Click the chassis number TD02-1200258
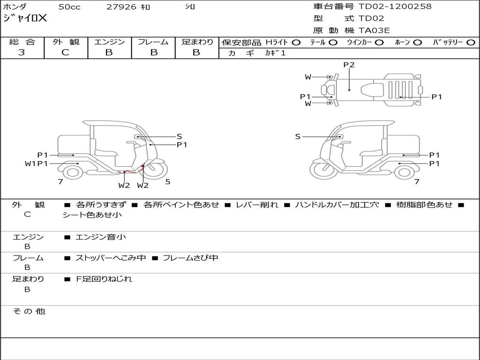point(395,7)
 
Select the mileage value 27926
point(121,7)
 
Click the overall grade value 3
point(22,52)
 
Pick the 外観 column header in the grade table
point(66,42)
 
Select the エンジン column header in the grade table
point(109,42)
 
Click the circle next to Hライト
point(296,42)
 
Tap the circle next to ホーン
point(418,42)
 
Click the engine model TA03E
point(374,30)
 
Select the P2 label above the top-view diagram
point(349,65)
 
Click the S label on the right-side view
point(298,136)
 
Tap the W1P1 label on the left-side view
point(37,164)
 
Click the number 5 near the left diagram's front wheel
point(168,182)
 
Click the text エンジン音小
point(101,237)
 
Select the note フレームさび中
point(190,258)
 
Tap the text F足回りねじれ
point(104,279)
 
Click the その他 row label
point(29,311)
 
